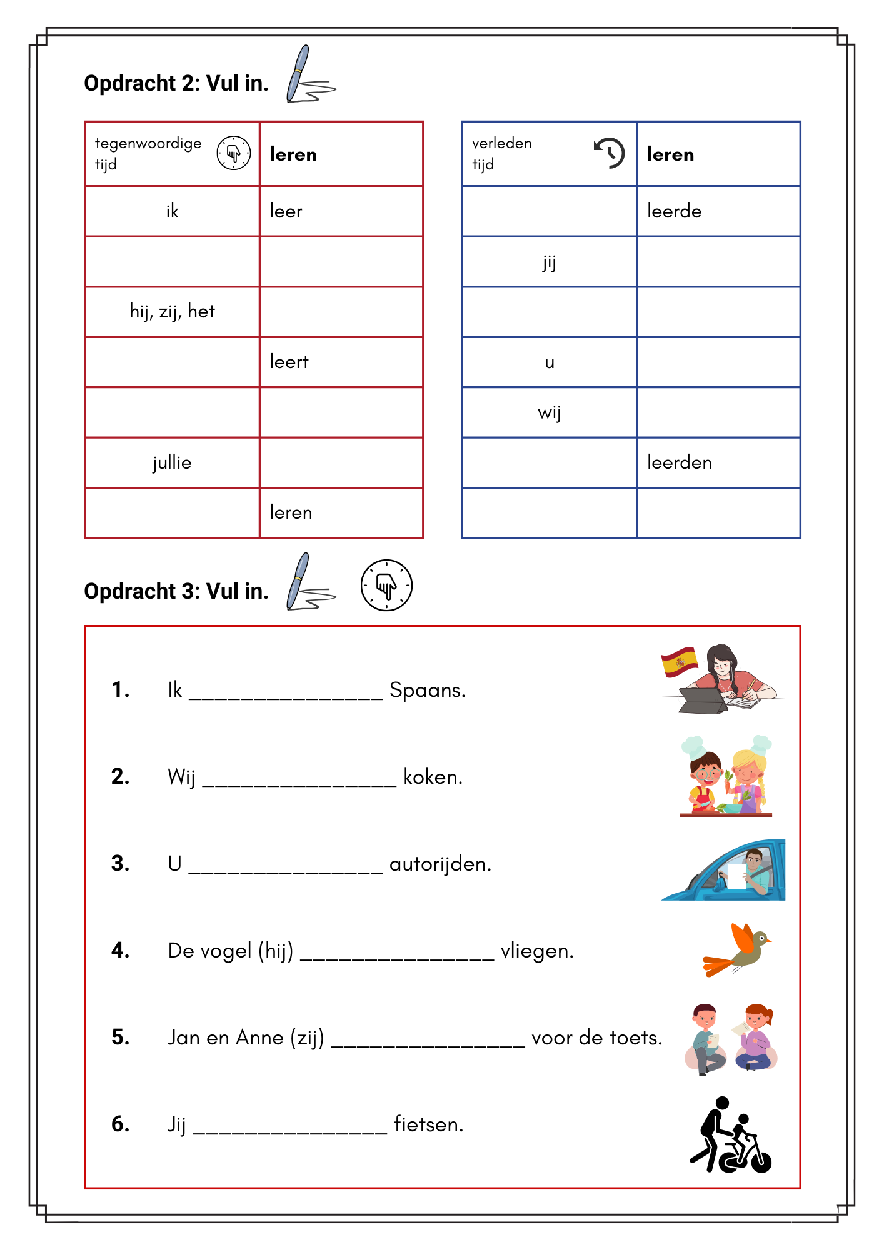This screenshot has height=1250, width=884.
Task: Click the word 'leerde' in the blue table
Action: click(x=674, y=211)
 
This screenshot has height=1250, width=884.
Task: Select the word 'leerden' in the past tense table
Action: click(x=679, y=462)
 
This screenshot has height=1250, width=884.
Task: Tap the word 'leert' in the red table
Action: click(x=289, y=362)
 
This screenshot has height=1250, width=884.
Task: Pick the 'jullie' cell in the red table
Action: click(x=172, y=462)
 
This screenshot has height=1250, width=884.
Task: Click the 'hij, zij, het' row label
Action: click(x=172, y=311)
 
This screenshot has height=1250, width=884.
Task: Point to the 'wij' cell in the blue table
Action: click(x=549, y=412)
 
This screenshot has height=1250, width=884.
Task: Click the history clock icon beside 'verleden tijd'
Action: click(x=609, y=152)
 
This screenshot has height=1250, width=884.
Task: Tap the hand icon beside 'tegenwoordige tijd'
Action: click(x=234, y=152)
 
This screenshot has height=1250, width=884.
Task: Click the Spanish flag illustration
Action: click(x=680, y=661)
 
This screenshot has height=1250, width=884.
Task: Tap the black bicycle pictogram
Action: click(x=731, y=1136)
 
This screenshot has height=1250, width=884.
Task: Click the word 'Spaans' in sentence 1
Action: click(x=427, y=690)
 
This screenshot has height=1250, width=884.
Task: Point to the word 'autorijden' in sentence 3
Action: click(x=440, y=864)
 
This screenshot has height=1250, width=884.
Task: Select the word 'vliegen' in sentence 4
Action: click(x=536, y=951)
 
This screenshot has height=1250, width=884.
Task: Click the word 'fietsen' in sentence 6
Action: click(x=428, y=1124)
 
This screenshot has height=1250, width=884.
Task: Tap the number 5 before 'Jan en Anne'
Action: click(x=120, y=1037)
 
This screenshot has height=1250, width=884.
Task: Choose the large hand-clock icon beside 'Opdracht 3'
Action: click(x=386, y=586)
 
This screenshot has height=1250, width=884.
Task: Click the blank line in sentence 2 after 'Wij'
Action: click(x=299, y=781)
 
